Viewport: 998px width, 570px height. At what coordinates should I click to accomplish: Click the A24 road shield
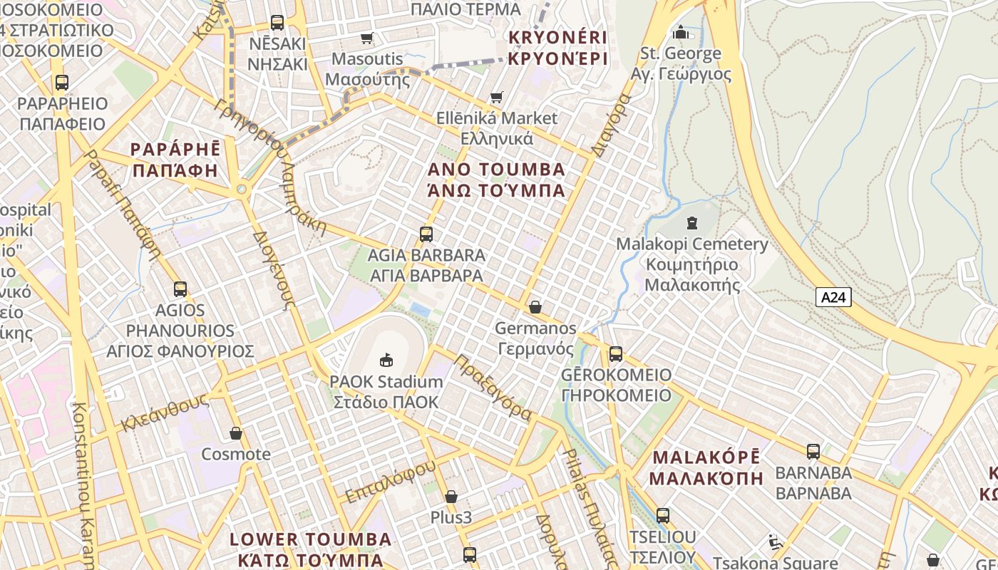pyautogui.click(x=833, y=297)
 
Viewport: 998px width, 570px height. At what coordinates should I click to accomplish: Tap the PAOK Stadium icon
pyautogui.click(x=386, y=360)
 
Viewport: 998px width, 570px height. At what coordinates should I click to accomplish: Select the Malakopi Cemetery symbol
pyautogui.click(x=691, y=223)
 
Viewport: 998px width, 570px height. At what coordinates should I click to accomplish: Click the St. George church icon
pyautogui.click(x=681, y=32)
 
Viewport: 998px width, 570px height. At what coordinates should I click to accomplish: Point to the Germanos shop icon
pyautogui.click(x=535, y=307)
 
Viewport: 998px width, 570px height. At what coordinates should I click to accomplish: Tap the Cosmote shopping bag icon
pyautogui.click(x=236, y=433)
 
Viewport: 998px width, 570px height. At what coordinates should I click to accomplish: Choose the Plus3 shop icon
pyautogui.click(x=451, y=496)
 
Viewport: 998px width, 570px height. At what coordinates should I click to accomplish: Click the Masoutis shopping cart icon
pyautogui.click(x=367, y=38)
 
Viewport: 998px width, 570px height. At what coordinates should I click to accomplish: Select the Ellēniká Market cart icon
pyautogui.click(x=497, y=97)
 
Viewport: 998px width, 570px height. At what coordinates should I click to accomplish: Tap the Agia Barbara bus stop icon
pyautogui.click(x=426, y=234)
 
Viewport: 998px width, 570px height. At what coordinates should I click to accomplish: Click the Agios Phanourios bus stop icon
pyautogui.click(x=180, y=289)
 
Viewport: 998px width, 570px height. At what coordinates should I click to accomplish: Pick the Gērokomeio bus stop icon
pyautogui.click(x=616, y=353)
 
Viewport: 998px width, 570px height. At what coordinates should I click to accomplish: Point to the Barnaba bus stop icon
pyautogui.click(x=813, y=451)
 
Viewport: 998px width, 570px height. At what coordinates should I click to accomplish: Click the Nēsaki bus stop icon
pyautogui.click(x=277, y=23)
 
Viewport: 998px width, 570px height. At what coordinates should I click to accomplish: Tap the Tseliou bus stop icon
pyautogui.click(x=663, y=515)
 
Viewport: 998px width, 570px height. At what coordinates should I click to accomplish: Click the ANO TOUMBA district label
pyautogui.click(x=497, y=170)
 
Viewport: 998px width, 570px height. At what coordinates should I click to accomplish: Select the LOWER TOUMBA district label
pyautogui.click(x=311, y=539)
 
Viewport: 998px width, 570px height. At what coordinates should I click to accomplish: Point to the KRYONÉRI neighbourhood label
pyautogui.click(x=557, y=37)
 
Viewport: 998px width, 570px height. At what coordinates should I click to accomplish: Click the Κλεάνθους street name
pyautogui.click(x=164, y=412)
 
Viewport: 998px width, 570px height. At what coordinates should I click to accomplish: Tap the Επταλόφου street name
pyautogui.click(x=390, y=481)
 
